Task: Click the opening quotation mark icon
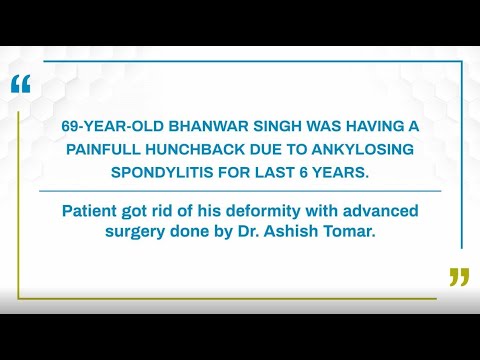(x=21, y=85)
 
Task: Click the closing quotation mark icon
(x=459, y=277)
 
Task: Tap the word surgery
(x=147, y=233)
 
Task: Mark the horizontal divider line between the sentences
(x=240, y=190)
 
